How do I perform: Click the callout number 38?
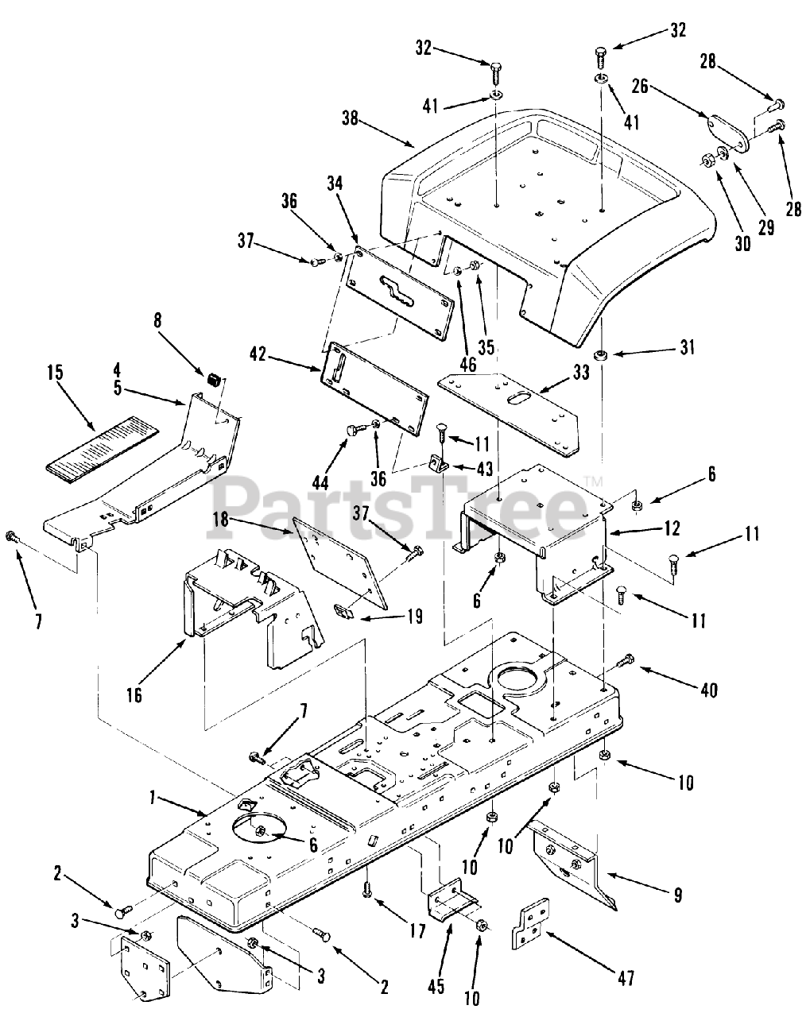350,119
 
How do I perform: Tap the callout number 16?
134,695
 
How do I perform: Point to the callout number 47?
626,978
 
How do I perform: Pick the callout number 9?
677,896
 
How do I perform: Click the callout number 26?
642,85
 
